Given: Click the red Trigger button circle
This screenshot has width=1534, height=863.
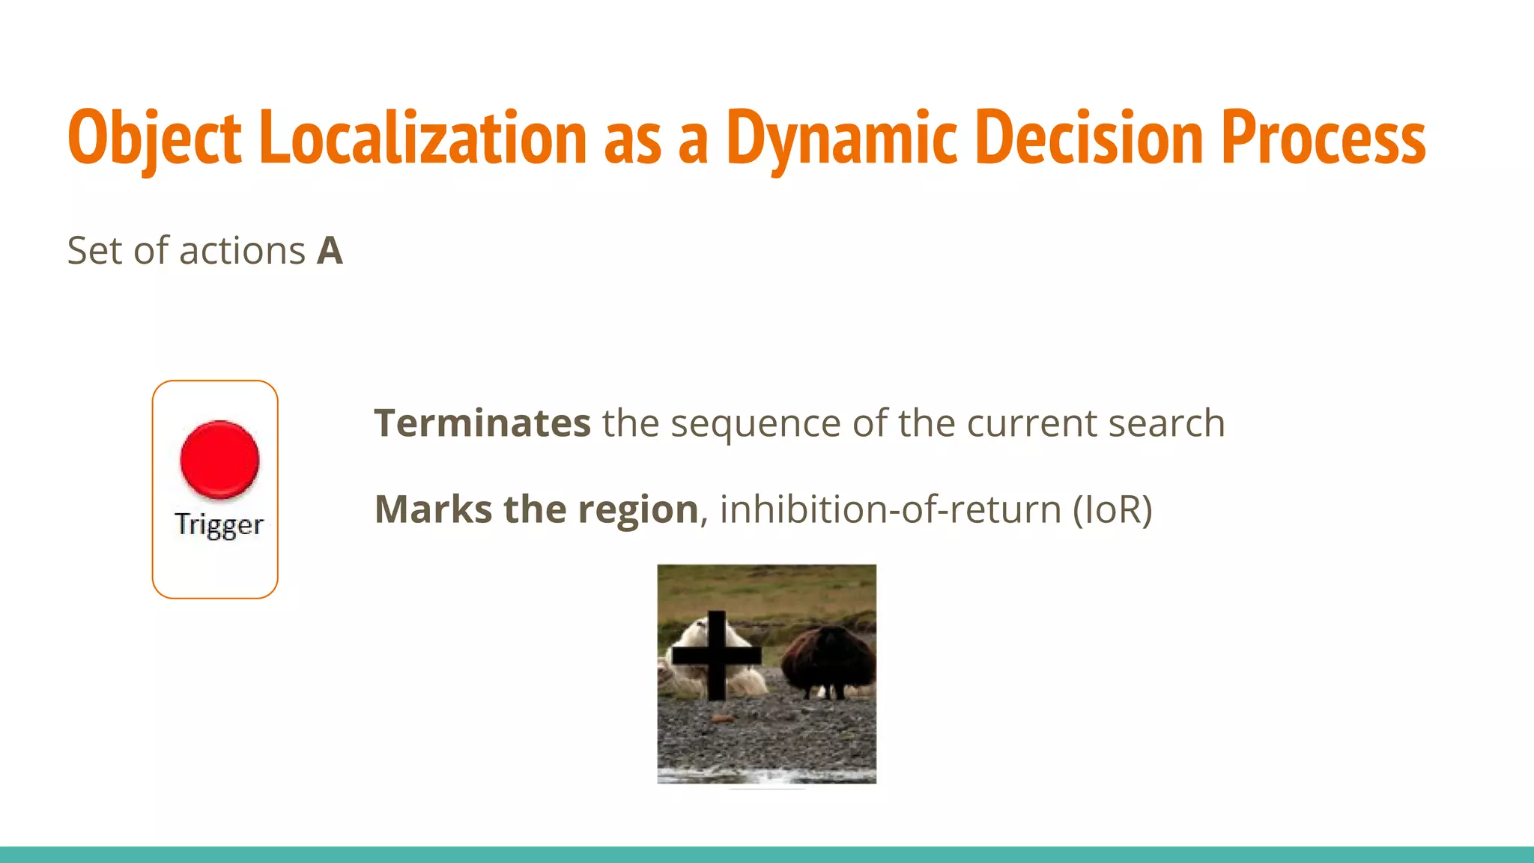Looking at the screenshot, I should pyautogui.click(x=219, y=459).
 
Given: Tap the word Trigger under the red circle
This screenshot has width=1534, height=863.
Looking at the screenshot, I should pyautogui.click(x=219, y=524).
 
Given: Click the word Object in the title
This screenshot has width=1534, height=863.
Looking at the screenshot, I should pyautogui.click(x=154, y=139).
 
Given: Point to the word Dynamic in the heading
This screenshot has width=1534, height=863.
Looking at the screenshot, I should pyautogui.click(x=842, y=139).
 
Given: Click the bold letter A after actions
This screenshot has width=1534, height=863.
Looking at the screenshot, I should pyautogui.click(x=330, y=251).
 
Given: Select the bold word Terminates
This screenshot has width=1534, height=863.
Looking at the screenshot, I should pyautogui.click(x=482, y=423).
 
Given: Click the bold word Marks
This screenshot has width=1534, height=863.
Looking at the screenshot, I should pyautogui.click(x=433, y=509).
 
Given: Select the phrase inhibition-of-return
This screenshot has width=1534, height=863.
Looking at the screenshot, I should pyautogui.click(x=891, y=509).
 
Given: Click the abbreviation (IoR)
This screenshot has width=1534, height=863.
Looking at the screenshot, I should pyautogui.click(x=1112, y=510).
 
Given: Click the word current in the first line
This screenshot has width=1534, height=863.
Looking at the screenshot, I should pyautogui.click(x=1032, y=424).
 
